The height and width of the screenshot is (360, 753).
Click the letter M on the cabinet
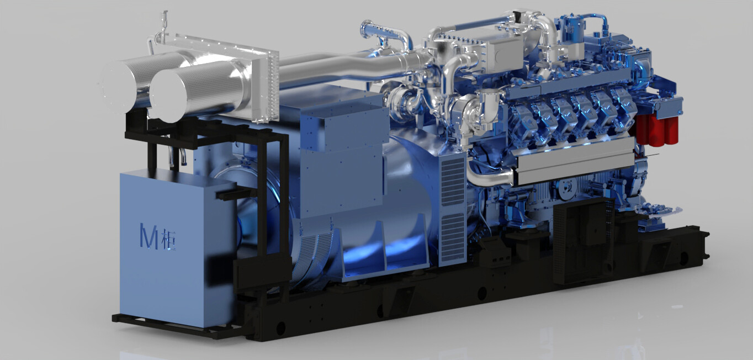[149, 236]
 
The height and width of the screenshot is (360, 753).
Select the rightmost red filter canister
[672, 130]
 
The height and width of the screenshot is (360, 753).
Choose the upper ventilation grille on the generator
[453, 182]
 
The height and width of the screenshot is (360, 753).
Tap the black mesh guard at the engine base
[583, 241]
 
